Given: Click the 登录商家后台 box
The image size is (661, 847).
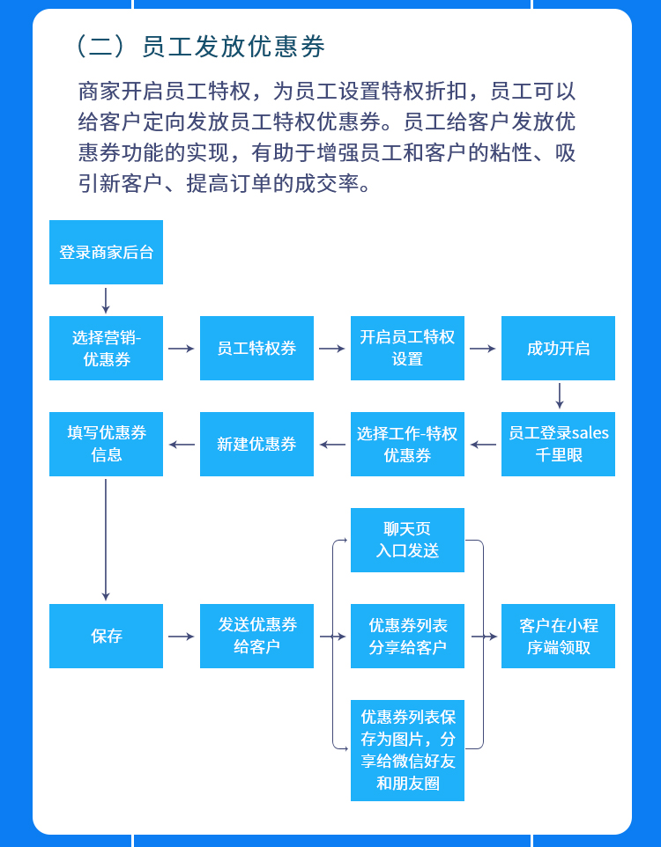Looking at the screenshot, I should point(106,253).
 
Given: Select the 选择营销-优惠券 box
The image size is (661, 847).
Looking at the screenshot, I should point(106,349).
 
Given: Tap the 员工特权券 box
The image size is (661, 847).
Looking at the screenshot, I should point(256,349).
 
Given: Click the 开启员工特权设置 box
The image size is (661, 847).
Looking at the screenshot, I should point(407,349).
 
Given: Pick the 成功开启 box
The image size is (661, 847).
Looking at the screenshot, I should point(558,349).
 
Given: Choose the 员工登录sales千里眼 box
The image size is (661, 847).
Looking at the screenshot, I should point(558,445).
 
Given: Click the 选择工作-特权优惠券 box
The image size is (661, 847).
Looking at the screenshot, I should point(407,445).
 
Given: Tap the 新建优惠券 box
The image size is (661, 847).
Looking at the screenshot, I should point(256,445).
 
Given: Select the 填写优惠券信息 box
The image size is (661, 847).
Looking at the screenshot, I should point(106,445).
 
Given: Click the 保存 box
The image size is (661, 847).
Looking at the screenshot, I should point(106,636).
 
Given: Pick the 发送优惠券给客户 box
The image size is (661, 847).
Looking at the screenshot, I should point(256,636).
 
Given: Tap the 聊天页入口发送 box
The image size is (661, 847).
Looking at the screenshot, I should point(407,541).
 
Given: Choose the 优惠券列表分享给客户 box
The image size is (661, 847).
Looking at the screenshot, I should point(407,636).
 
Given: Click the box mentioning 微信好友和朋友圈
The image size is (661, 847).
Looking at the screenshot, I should point(407,751).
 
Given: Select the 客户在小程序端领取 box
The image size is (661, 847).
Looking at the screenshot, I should point(558,636).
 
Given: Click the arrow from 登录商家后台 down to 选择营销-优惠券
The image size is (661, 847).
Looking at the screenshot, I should point(106,300).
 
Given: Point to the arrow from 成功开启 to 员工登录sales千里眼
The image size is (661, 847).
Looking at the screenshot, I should point(559,396).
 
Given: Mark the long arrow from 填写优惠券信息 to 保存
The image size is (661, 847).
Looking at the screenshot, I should point(106,539).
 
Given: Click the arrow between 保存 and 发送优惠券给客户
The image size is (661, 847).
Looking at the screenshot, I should point(181,636).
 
